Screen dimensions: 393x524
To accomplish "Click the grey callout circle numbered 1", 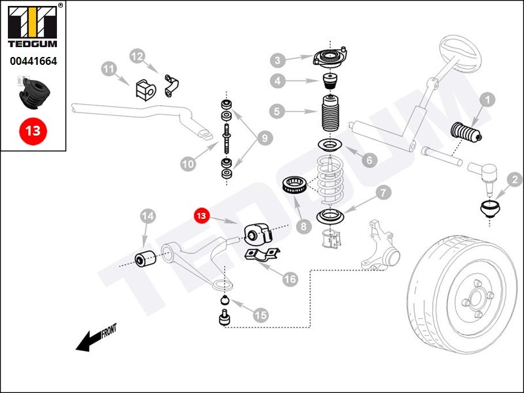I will [487, 100].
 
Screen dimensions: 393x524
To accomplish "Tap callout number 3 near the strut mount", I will [278, 60].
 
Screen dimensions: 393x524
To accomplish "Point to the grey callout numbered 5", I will [278, 112].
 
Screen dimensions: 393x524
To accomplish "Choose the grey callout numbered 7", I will [383, 193].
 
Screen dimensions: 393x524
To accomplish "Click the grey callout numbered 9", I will [264, 138].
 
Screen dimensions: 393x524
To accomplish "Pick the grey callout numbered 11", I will [109, 68].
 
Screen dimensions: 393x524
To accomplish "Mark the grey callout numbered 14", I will [147, 215].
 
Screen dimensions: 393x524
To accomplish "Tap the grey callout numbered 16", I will [290, 279].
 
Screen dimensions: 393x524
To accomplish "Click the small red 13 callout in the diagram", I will [200, 215].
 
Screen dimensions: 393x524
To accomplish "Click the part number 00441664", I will [33, 62].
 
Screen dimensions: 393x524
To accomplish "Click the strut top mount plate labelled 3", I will [331, 58].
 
